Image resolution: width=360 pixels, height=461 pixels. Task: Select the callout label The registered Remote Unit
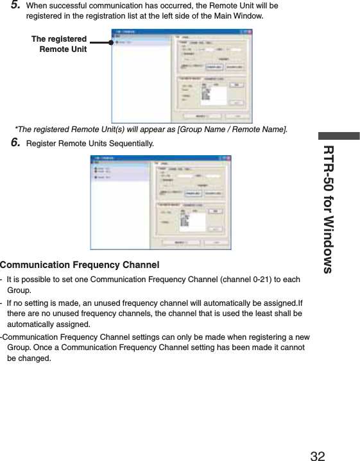tap(60, 44)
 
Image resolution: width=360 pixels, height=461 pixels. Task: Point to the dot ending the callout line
tap(110, 44)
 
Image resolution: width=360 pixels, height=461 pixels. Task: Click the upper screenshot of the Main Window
tap(182, 75)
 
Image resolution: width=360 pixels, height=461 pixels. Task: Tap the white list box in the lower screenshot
tap(193, 221)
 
